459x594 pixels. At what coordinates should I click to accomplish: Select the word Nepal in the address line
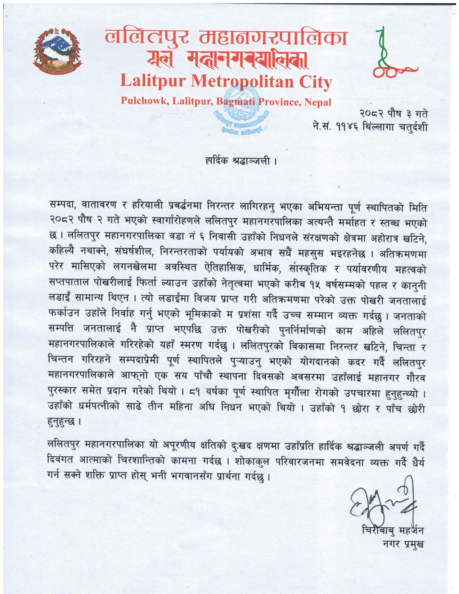pos(318,102)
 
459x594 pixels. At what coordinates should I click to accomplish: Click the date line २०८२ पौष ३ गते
pos(394,115)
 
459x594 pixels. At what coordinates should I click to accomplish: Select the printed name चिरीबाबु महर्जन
pos(393,531)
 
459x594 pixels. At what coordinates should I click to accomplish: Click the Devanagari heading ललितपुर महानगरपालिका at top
pos(226,38)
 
